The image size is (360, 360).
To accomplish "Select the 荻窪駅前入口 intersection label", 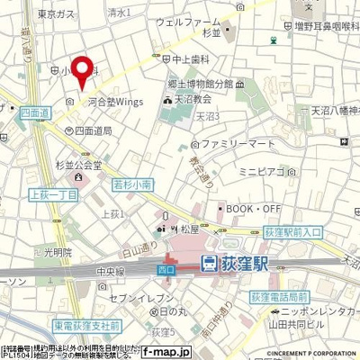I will (x=312, y=232).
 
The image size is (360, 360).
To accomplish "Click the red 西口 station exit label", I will (x=166, y=267).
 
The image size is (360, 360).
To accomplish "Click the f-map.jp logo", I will (x=194, y=352).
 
